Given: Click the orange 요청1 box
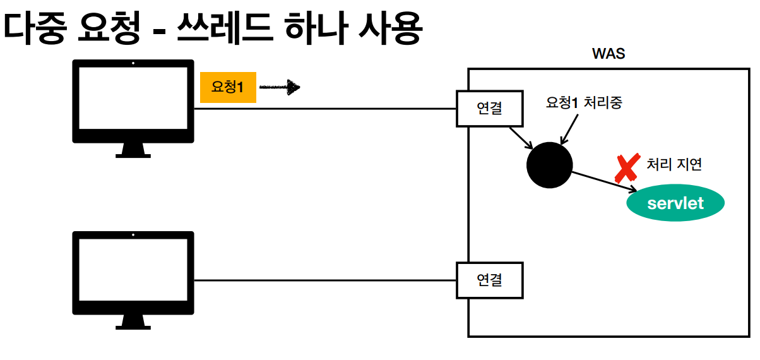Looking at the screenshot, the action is coord(228,88).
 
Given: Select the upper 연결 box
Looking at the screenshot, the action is coord(490,109).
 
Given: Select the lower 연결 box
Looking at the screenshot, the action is coord(490,279).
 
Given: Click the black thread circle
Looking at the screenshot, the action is coord(549,165).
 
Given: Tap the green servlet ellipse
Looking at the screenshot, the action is coord(675,203).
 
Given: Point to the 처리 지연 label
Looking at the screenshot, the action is coord(674,164).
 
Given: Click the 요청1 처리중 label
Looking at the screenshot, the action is coord(584,103).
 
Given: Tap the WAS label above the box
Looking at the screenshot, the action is coord(608,54).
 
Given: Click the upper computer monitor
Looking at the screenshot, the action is coord(133,101).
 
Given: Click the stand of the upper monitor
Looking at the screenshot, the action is coord(133,150).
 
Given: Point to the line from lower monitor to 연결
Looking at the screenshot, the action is coord(325,280).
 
